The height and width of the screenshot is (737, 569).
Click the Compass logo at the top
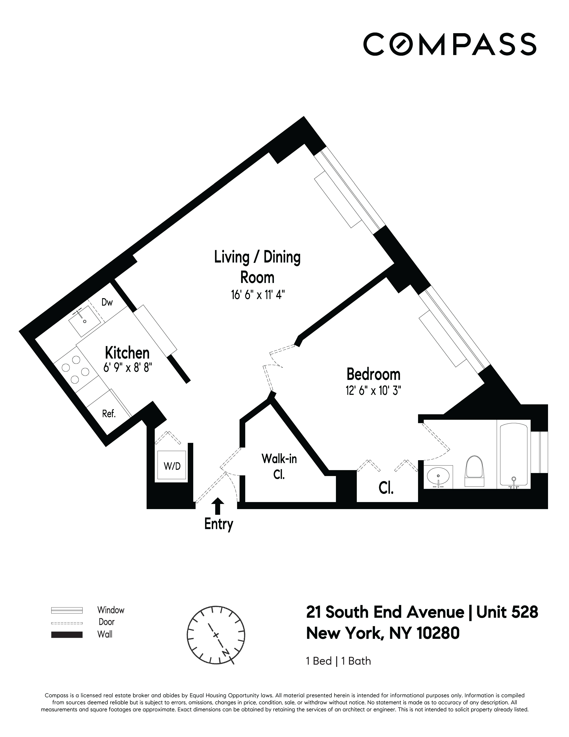(x=449, y=44)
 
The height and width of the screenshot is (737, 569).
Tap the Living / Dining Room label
(x=257, y=267)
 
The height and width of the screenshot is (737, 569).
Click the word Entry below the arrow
(x=219, y=524)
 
